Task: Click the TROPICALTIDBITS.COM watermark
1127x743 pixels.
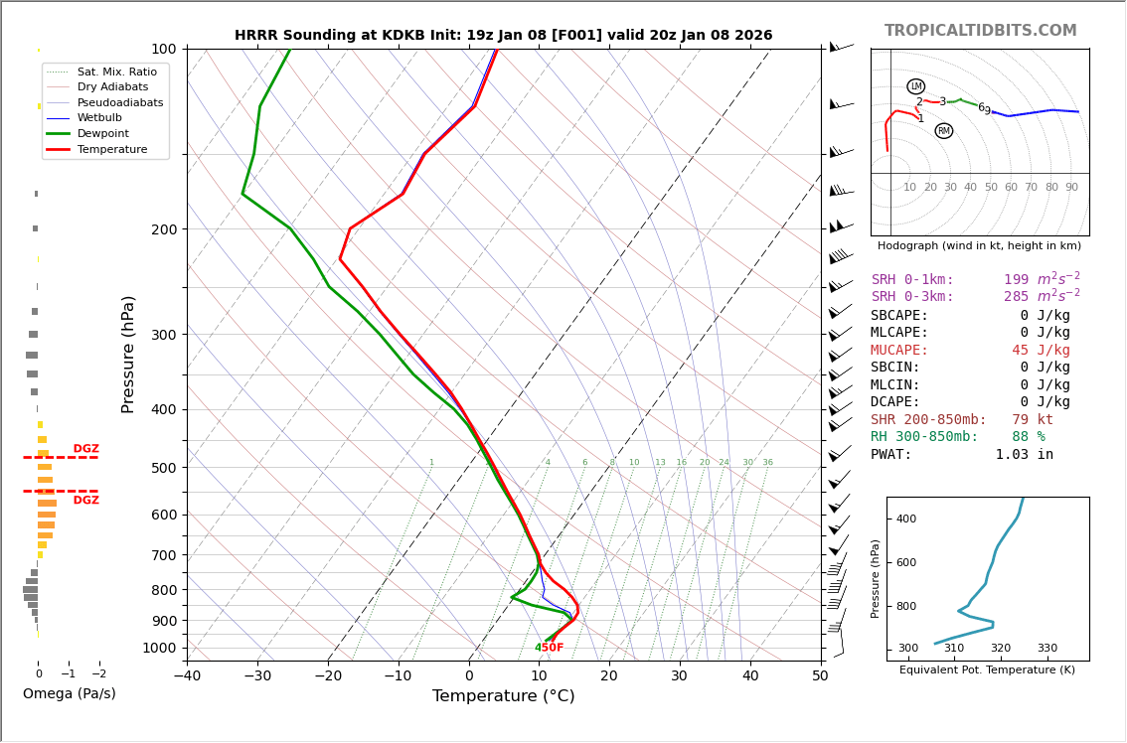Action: point(980,31)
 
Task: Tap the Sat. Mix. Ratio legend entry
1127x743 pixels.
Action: point(116,72)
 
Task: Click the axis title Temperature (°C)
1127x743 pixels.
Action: point(503,697)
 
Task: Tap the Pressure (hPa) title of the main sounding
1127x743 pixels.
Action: point(128,354)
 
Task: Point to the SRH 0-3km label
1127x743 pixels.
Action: point(912,297)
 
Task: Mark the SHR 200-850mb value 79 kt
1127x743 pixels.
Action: point(1033,420)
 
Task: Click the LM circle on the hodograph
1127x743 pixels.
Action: point(915,86)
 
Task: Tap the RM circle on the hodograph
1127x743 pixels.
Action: point(943,131)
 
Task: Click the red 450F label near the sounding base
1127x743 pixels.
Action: point(551,648)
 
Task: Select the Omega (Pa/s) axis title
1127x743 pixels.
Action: point(69,694)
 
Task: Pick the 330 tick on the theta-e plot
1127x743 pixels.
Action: point(1046,649)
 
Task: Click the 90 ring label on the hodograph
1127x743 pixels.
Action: point(1071,188)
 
